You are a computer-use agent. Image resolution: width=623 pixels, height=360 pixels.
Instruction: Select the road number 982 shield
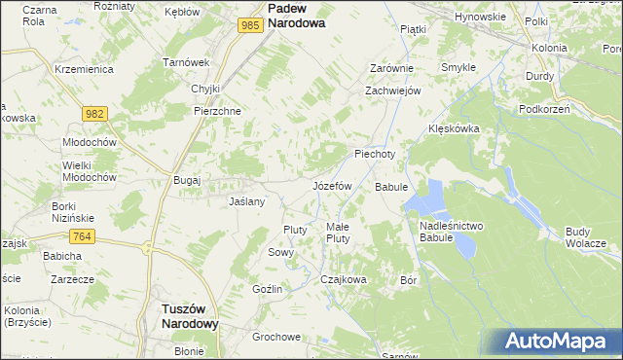[x=93, y=114]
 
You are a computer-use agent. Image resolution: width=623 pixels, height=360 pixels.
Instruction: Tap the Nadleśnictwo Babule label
[x=451, y=232]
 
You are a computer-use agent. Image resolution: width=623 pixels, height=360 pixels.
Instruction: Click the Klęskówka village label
[x=455, y=128]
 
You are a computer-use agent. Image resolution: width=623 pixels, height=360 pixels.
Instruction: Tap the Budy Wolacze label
[x=586, y=236]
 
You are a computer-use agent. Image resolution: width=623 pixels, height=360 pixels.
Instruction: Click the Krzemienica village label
[x=85, y=70]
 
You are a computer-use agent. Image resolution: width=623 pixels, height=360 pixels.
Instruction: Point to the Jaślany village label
[x=246, y=202]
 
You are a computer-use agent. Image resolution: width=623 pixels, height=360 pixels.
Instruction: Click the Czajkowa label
[x=344, y=279]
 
